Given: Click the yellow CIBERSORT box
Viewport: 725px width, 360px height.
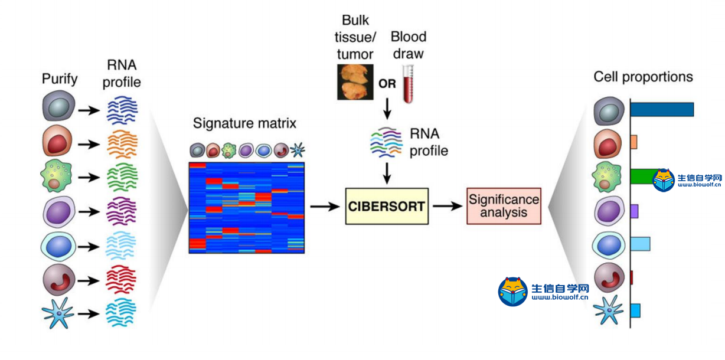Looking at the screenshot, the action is (x=387, y=207).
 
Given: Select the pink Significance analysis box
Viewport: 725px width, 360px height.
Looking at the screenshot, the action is (x=504, y=206).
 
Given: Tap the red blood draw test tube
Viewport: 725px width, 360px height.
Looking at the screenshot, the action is (x=408, y=84).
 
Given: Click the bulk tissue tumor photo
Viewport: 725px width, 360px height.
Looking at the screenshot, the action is (x=355, y=82).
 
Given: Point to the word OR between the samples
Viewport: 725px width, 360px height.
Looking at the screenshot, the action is (x=387, y=84).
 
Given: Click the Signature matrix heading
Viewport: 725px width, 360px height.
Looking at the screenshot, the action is (x=244, y=123).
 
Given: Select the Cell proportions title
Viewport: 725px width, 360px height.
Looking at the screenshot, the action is (x=643, y=77).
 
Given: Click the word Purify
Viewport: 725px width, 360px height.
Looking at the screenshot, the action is (x=60, y=79).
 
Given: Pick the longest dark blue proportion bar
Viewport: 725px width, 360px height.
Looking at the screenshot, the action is (x=662, y=109).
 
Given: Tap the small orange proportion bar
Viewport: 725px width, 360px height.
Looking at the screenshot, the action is (x=633, y=142).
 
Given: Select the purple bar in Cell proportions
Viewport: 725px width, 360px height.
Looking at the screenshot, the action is (x=634, y=211).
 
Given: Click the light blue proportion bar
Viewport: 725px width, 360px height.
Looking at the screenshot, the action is (x=640, y=244).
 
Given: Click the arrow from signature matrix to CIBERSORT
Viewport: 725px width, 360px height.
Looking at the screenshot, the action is (x=325, y=207).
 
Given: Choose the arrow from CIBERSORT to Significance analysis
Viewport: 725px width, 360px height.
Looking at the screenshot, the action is (x=448, y=206).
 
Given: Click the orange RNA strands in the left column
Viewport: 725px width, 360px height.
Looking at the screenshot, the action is (x=122, y=144).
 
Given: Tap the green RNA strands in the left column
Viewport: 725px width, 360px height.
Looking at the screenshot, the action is (x=122, y=177).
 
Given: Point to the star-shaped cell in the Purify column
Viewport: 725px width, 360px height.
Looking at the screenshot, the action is (x=58, y=313).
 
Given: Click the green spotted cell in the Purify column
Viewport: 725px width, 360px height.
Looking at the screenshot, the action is (x=56, y=176).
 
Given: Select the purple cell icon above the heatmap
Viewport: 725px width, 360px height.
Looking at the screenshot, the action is (x=246, y=150).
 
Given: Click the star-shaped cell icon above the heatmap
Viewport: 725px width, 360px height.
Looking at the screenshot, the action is (x=298, y=150).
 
